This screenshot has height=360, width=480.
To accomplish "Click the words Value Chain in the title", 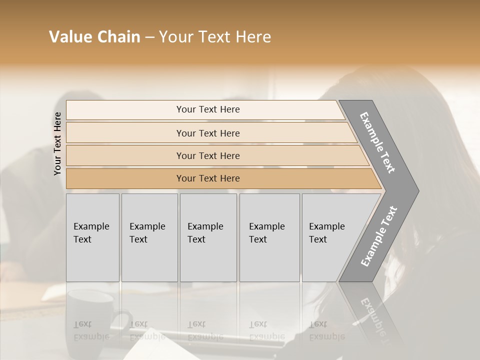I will [x=94, y=37].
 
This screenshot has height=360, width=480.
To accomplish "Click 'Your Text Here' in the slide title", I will [x=215, y=37].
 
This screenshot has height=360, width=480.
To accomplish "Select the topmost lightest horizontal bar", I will [x=207, y=109].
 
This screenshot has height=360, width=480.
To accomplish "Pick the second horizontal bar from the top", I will [x=207, y=133].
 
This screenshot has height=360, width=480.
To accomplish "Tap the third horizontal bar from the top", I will [x=207, y=155].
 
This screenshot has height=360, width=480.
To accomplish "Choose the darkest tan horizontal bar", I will [x=207, y=178].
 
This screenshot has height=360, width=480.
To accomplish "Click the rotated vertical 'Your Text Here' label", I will [x=57, y=143].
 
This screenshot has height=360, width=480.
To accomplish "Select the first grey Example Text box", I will [x=92, y=237].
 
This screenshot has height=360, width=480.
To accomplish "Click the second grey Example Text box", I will [x=149, y=237].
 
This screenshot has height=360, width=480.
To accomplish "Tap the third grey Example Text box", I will [x=208, y=237].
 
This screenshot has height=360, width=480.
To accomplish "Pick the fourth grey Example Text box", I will [x=269, y=237].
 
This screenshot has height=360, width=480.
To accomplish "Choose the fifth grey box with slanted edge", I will [x=330, y=237].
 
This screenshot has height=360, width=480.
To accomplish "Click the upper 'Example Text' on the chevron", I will [x=377, y=142].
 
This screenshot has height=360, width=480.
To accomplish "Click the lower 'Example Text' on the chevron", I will [x=379, y=236].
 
